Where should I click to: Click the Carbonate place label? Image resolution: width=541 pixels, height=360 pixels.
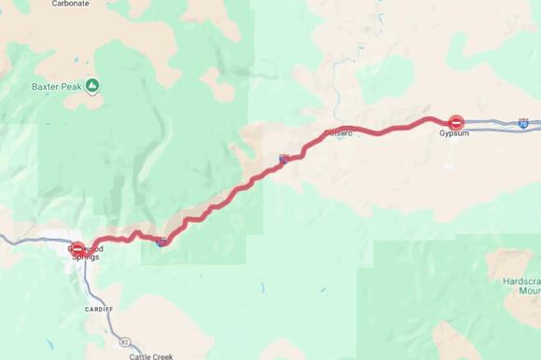click(x=70, y=4)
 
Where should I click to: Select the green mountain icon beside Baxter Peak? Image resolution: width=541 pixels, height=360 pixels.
click(x=92, y=86)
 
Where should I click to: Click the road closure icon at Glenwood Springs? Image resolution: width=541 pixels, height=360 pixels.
click(x=78, y=249)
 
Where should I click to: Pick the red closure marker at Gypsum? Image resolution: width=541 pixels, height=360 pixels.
click(x=456, y=122)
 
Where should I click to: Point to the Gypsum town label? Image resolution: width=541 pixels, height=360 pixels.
click(x=455, y=134)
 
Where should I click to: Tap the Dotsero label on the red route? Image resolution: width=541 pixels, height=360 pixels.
click(x=339, y=133)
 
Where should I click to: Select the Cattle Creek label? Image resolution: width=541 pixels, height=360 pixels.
click(x=150, y=355)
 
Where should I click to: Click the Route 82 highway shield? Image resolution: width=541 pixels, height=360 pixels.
click(x=125, y=342)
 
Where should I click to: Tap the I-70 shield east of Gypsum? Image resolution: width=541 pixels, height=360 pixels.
click(x=523, y=122)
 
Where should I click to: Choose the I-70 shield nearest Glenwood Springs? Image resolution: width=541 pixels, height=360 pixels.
click(x=161, y=242)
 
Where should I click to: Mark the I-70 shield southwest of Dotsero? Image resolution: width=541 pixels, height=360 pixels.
click(x=283, y=159)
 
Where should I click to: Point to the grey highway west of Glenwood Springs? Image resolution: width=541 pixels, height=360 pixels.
click(x=28, y=241)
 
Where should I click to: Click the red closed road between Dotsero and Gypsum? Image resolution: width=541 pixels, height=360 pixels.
click(x=392, y=129)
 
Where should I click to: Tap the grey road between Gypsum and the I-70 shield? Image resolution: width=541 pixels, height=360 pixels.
click(x=490, y=122)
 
